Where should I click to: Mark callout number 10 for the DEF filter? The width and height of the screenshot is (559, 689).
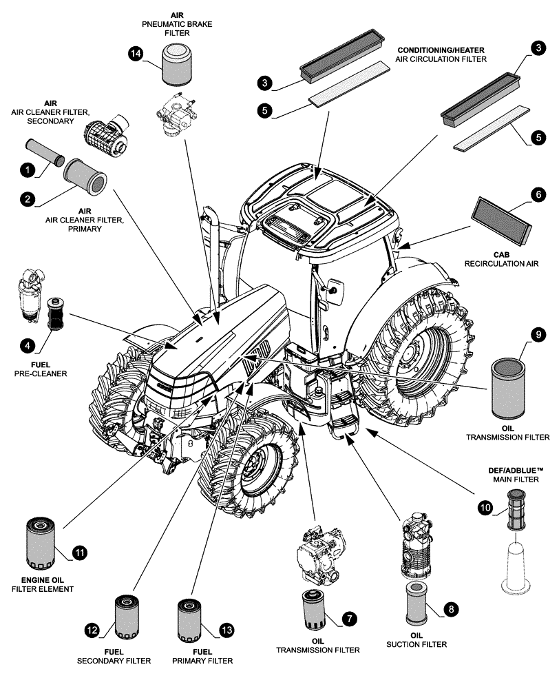(486, 508)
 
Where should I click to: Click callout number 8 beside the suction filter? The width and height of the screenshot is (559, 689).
(451, 609)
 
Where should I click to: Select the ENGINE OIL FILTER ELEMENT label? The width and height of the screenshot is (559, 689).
(42, 584)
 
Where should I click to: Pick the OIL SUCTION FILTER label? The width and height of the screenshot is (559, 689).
(419, 639)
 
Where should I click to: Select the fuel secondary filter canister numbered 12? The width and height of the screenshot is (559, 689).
(127, 617)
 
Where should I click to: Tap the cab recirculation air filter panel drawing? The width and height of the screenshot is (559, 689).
(502, 220)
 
